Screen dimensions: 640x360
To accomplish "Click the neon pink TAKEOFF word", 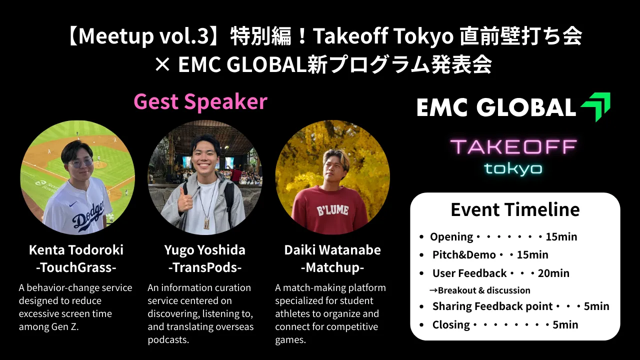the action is tap(513, 147).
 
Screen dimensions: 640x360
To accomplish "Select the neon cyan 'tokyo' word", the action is tap(513, 168).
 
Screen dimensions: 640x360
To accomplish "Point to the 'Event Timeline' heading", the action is tap(515, 209).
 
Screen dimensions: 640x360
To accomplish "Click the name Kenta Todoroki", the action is tap(76, 250).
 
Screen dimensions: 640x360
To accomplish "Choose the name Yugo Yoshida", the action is tap(205, 250).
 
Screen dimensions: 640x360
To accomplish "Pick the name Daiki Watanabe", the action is tap(332, 250).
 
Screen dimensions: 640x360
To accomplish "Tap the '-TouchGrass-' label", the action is tap(76, 267).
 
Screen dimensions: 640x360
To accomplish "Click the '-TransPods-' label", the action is tap(205, 267).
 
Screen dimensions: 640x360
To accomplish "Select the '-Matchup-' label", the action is tap(332, 268).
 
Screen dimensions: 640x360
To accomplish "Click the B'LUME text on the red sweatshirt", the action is tap(332, 211).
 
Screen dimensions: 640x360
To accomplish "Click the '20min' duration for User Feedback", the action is tap(553, 273).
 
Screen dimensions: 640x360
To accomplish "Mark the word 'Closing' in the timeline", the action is tap(451, 325).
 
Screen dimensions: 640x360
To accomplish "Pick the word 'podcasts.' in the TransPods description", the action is tap(168, 340).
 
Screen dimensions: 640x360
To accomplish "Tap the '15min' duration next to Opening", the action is tap(561, 237).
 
